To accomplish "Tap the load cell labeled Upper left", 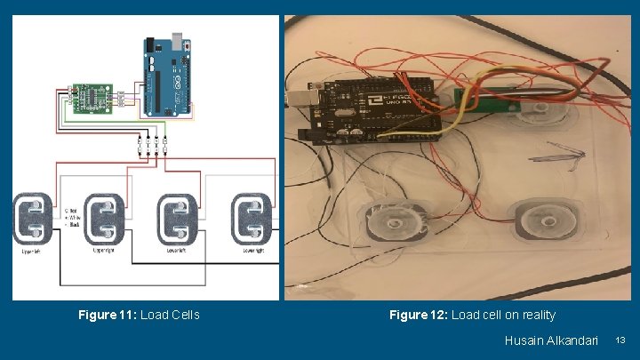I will [34, 218].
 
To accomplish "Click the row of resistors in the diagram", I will [152, 144].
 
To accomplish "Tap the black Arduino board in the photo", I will [373, 108].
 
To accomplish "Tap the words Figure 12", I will [418, 315].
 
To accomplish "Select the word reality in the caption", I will [537, 315].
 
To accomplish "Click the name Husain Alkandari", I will [551, 340].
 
